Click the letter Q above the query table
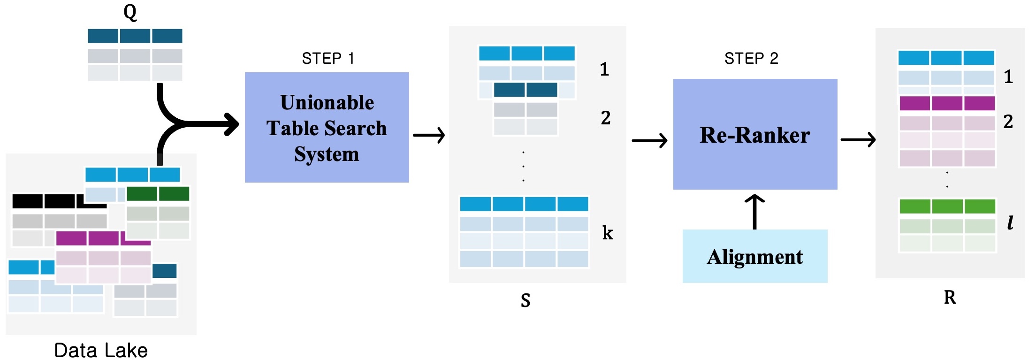(130, 12)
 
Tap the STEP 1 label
(328, 59)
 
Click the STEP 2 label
(751, 59)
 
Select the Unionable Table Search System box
(327, 128)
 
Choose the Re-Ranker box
(755, 135)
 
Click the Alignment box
(754, 256)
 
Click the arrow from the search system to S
(429, 135)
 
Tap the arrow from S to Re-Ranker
(649, 140)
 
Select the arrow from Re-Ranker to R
(858, 139)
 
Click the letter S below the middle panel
(526, 300)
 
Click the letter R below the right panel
(950, 297)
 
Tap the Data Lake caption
(101, 350)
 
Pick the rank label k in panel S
(608, 233)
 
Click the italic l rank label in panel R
(1010, 222)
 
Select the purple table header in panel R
(947, 103)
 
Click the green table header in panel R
(947, 206)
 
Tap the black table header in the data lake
(43, 201)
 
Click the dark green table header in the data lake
(158, 193)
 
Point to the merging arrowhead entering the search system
(231, 124)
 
